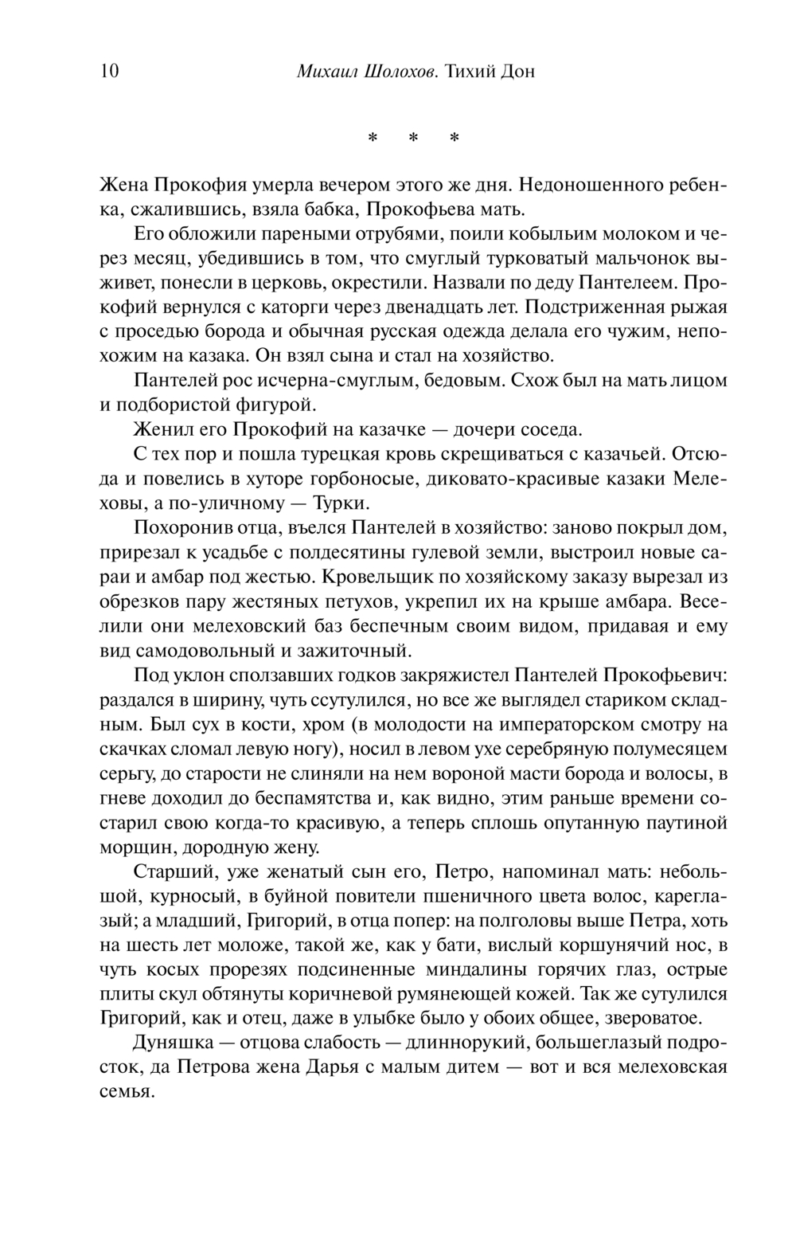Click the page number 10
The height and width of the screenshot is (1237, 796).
tap(109, 72)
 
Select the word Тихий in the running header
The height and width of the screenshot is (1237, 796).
tap(470, 72)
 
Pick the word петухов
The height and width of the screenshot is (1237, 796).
tap(357, 601)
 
